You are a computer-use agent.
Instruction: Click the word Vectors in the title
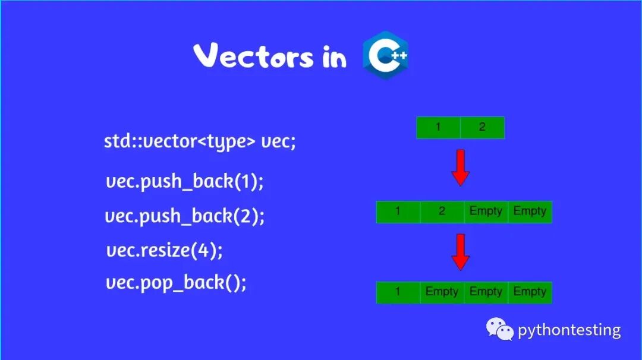coord(253,57)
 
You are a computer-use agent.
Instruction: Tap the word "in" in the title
coord(335,58)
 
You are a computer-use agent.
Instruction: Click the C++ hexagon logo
coord(385,55)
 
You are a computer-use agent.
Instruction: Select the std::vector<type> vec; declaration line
coord(200,142)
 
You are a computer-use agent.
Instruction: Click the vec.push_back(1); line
coord(184,181)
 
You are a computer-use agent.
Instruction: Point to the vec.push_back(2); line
coord(185,216)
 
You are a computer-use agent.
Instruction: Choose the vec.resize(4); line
coord(165,250)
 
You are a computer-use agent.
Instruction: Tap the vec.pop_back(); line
coord(176,283)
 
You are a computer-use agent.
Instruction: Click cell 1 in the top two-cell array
coord(439,128)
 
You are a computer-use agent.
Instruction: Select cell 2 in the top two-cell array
coord(482,128)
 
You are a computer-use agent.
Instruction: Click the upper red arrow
coord(460,168)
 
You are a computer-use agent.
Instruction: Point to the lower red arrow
coord(460,252)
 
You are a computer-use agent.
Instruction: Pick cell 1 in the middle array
coord(398,212)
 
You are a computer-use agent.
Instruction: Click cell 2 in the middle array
coord(442,212)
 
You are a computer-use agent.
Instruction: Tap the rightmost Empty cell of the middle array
coord(530,212)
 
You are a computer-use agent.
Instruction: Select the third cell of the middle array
coord(486,212)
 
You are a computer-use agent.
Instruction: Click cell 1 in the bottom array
coord(398,292)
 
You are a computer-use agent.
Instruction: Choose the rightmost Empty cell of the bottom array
coord(530,292)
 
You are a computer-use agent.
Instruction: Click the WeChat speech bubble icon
coord(499,329)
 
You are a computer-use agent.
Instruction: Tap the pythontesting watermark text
coord(569,330)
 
